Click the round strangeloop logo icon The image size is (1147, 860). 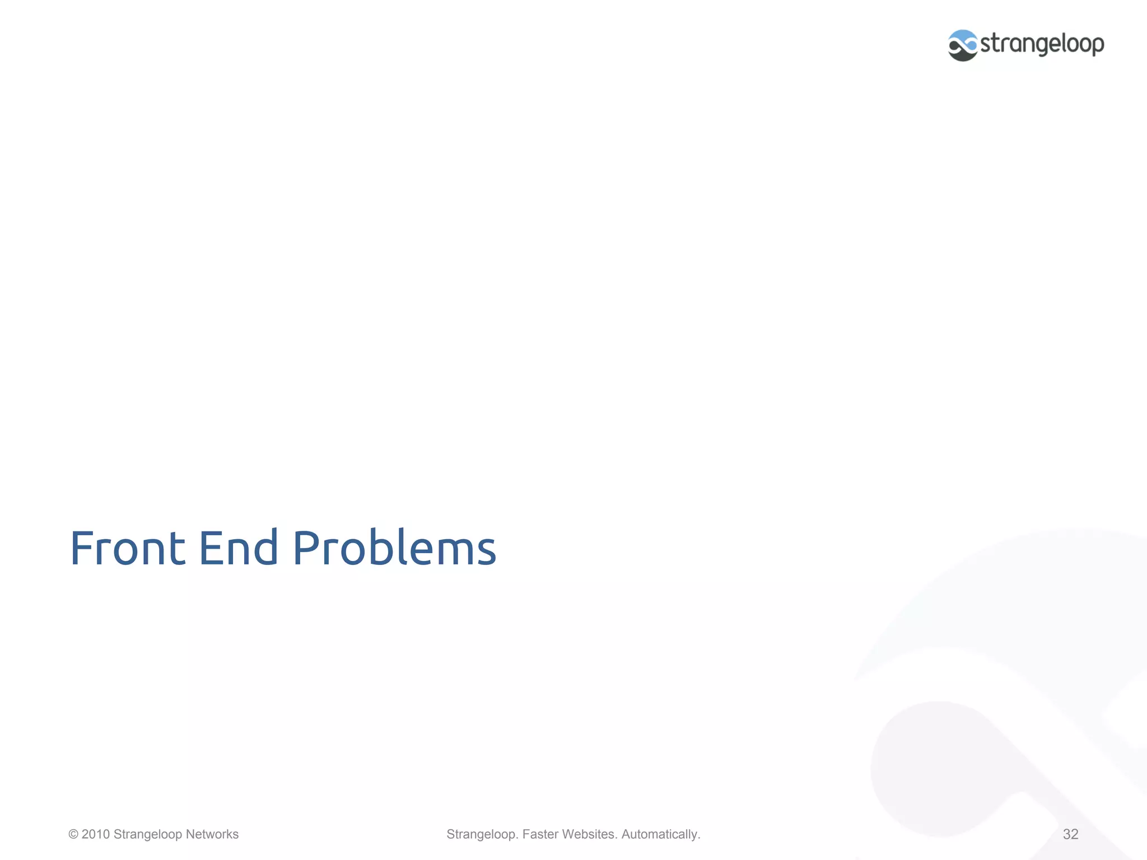click(963, 45)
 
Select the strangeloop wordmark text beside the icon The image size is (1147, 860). click(1042, 44)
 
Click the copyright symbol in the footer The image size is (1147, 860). click(73, 834)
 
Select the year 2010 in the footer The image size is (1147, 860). click(96, 834)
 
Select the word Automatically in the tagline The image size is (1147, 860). click(660, 834)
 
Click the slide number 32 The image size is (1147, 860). click(1070, 834)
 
